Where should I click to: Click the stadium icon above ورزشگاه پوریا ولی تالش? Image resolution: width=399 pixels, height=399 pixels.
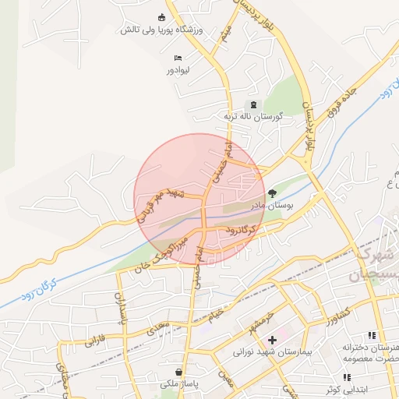click(x=162, y=18)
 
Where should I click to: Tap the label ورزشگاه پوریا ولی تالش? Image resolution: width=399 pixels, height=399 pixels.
click(x=162, y=30)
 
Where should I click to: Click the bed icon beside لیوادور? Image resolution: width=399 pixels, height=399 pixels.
click(x=178, y=58)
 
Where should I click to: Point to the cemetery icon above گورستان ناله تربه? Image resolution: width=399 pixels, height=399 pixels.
click(x=251, y=104)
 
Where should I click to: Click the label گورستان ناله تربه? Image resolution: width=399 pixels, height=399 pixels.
click(x=252, y=115)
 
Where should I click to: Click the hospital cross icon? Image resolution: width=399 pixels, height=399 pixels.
click(x=272, y=340)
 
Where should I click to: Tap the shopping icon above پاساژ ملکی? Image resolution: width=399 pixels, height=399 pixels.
click(x=180, y=373)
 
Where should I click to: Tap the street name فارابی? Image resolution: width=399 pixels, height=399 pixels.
click(x=94, y=339)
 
